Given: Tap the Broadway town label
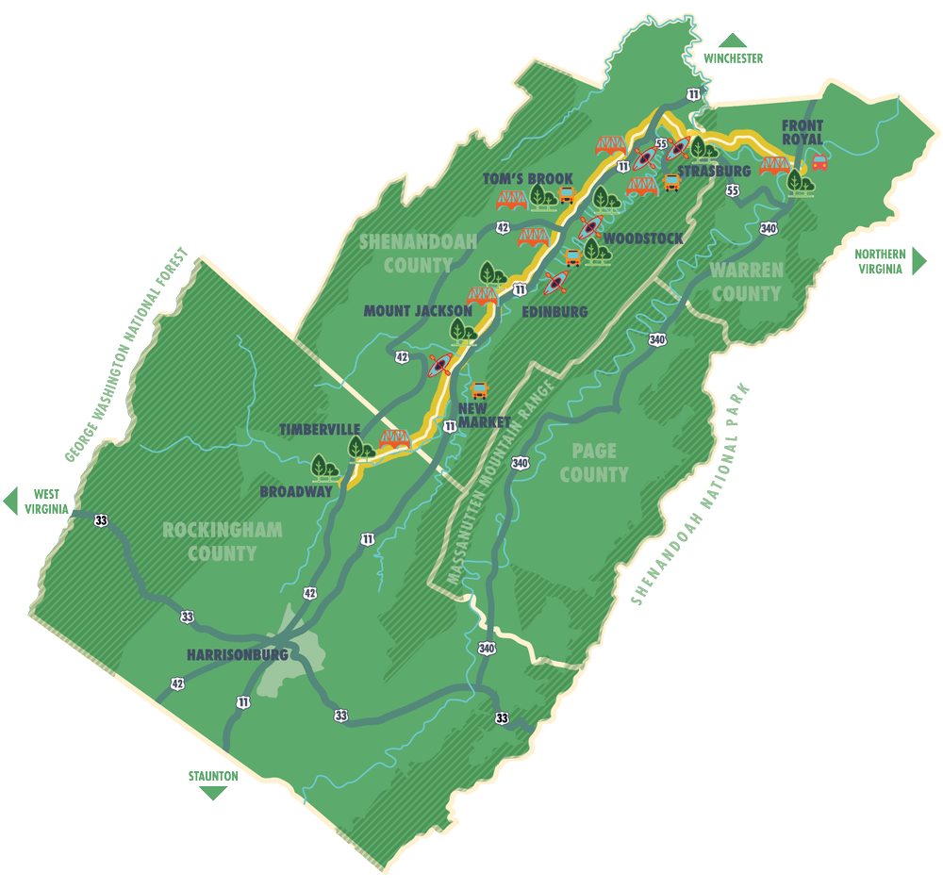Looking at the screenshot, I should click(x=296, y=491).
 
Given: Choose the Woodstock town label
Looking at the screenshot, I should click(x=642, y=238).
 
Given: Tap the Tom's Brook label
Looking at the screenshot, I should click(x=527, y=178).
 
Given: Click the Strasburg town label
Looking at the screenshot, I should click(x=714, y=171).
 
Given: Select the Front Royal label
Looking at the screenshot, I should click(x=802, y=133).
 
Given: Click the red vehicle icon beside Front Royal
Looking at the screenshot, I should click(x=819, y=162).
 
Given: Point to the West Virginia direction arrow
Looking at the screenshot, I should click(x=11, y=500).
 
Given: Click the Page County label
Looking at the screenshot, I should click(x=593, y=464).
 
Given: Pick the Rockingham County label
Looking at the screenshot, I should click(x=222, y=541).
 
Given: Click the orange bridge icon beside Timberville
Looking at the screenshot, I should click(x=393, y=438).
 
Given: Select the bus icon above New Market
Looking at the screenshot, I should click(x=479, y=389).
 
